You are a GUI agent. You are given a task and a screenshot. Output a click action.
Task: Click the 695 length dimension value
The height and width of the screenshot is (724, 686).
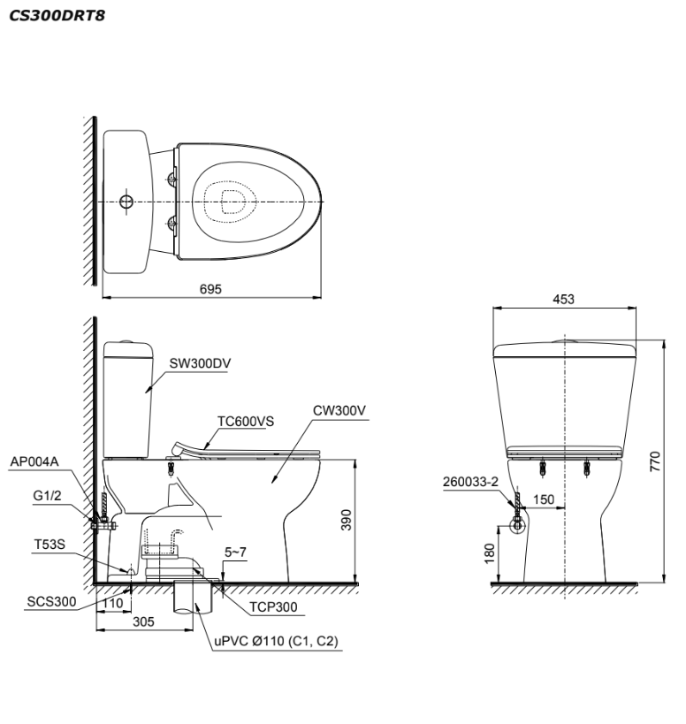210,288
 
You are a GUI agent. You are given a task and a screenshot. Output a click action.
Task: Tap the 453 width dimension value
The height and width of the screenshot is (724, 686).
562,300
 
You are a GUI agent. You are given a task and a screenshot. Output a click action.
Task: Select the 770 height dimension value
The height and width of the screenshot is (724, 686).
655,461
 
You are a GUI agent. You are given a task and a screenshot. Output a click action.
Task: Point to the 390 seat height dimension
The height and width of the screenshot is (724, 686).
347,522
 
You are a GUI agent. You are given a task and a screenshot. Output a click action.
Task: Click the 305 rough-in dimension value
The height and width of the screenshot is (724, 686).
143,621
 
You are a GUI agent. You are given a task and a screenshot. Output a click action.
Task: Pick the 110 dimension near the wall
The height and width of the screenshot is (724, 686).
111,603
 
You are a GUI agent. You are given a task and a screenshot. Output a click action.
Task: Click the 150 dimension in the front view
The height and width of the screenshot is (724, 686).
544,500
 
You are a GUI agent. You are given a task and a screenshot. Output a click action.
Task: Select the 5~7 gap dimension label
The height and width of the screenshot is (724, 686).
235,552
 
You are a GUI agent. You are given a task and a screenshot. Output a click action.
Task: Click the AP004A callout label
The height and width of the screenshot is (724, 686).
33,461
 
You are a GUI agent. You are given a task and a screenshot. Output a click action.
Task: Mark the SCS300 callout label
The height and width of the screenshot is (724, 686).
50,602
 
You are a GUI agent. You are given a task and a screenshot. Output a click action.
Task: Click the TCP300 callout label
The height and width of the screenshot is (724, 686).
272,607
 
